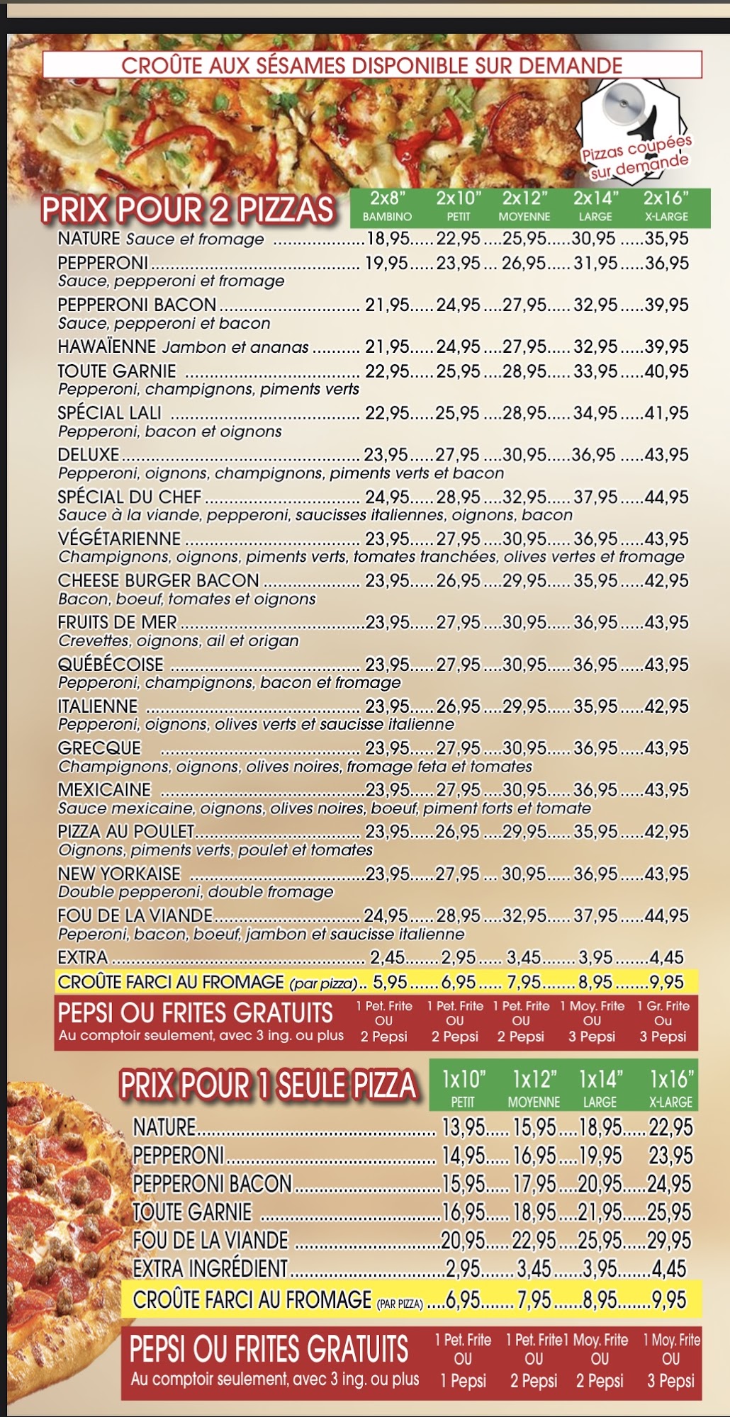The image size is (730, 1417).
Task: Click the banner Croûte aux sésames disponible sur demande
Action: point(372,66)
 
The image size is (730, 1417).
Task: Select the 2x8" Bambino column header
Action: point(387,205)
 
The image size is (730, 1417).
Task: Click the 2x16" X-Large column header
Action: point(666,205)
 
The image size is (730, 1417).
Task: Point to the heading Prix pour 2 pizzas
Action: point(188,210)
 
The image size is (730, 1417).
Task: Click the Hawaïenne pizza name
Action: point(107,346)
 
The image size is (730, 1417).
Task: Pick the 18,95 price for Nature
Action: point(386,239)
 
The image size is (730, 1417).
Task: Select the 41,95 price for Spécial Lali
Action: point(667,412)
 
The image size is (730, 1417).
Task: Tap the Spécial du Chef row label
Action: point(130,497)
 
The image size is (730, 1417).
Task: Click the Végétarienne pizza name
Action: point(119,538)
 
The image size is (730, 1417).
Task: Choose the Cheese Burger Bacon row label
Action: point(159,580)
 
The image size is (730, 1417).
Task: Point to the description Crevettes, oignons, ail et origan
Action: point(179,640)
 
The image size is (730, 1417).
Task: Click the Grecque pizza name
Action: point(99,748)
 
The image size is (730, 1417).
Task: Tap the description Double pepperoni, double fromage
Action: point(196,892)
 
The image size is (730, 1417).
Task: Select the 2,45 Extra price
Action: point(387,958)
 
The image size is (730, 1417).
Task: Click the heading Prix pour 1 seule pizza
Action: point(268,1086)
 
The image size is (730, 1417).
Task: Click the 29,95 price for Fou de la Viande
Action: point(669,1240)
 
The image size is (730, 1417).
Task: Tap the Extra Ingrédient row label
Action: point(210,1268)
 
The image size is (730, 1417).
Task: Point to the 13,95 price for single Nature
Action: point(464,1127)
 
